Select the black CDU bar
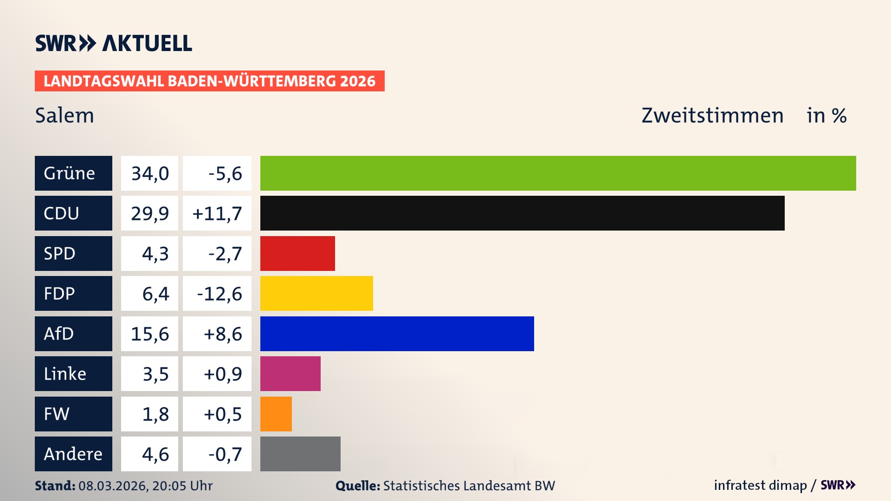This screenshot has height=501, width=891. pos(522,213)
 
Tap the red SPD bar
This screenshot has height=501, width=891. pos(297,253)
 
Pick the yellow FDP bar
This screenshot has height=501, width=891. pos(316,294)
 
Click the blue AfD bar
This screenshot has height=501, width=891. pos(397,334)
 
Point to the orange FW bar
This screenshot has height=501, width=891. pos(276,414)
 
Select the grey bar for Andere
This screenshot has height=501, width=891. pos(300,454)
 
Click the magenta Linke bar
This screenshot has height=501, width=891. pos(290,374)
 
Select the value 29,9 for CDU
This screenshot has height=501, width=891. pos(149,213)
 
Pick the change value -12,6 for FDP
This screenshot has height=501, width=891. pos(219,294)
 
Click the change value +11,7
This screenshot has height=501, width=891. pos(217,213)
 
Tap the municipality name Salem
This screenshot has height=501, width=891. pos(65,116)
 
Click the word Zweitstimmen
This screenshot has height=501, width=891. pos(712,116)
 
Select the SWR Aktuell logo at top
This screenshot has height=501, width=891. pos(114,43)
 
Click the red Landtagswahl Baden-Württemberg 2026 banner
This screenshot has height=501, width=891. pos(209,81)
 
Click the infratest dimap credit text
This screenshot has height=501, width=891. pos(760,485)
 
